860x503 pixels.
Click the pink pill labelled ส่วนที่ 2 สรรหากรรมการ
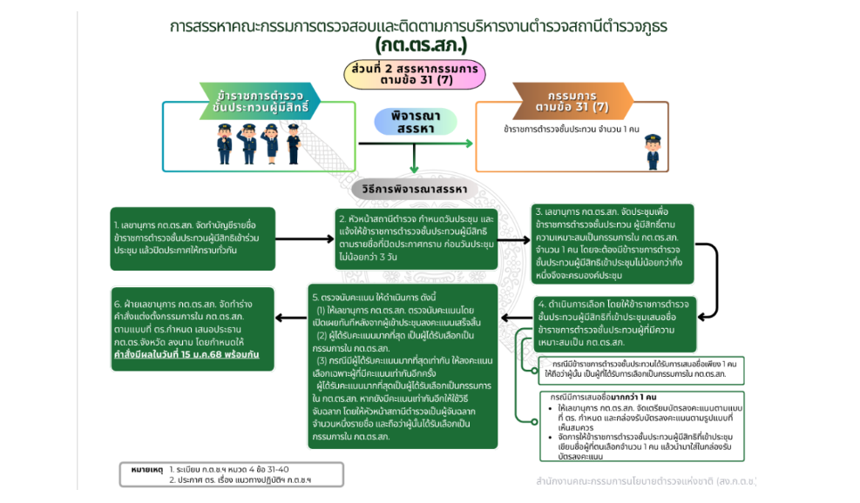click(x=413, y=74)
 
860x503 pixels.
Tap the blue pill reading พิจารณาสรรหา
click(x=410, y=122)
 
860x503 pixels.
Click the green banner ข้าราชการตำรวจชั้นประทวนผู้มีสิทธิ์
click(x=258, y=100)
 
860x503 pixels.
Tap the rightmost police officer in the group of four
click(x=293, y=144)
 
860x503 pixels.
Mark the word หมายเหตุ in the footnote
click(x=142, y=468)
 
